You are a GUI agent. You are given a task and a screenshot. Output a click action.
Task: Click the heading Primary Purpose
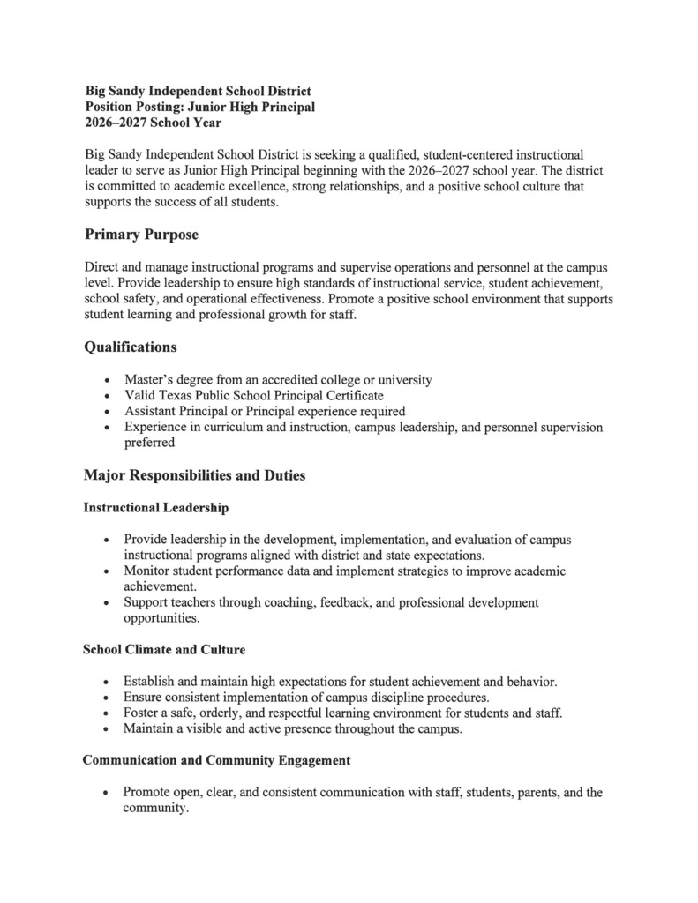141,235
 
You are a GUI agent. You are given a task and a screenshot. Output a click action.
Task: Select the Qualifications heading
130,347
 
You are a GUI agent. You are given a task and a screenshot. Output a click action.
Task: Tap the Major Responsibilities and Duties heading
194,475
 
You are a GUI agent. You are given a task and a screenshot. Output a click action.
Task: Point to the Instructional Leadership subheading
156,508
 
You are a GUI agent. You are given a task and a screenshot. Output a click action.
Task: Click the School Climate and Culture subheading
164,649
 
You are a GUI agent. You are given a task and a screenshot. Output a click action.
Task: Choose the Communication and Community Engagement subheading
217,759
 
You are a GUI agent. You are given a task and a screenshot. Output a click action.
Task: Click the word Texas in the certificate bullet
175,396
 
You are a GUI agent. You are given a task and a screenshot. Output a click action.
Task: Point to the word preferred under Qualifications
149,444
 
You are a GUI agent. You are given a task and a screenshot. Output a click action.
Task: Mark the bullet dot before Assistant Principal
107,412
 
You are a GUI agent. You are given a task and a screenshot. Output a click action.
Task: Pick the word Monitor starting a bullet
148,571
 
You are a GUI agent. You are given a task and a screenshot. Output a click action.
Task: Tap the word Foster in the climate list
143,713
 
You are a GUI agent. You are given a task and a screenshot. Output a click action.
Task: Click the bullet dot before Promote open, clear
107,793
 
